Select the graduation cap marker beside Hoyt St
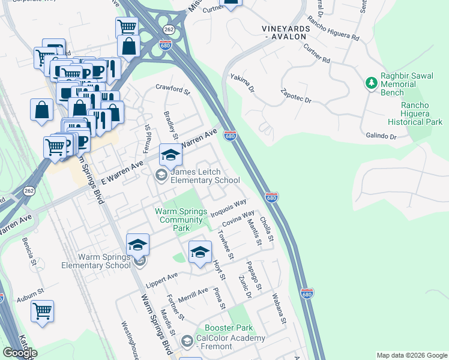pos(200,252)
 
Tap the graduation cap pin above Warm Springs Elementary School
pos(137,244)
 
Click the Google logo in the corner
pos(20,353)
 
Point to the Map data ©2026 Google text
pos(411,355)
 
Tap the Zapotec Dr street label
pos(295,95)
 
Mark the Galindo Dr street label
pos(381,137)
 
